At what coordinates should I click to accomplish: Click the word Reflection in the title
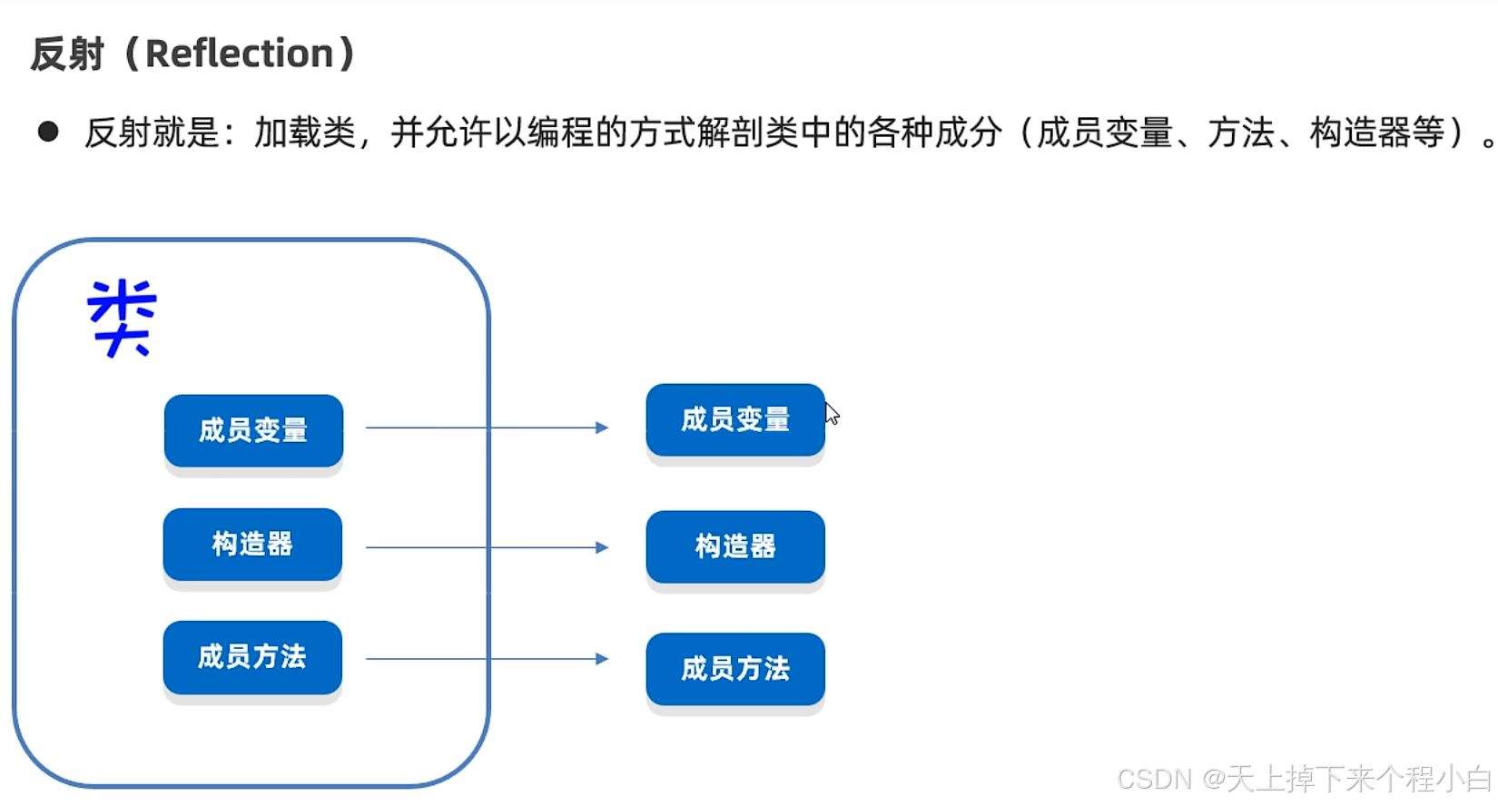pyautogui.click(x=240, y=54)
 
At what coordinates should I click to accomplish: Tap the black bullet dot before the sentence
pyautogui.click(x=48, y=133)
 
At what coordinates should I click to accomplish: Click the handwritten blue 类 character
pyautogui.click(x=123, y=318)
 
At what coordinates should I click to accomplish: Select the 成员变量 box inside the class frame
pyautogui.click(x=253, y=430)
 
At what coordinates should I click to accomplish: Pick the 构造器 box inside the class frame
pyautogui.click(x=252, y=544)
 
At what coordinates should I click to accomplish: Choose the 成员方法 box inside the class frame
pyautogui.click(x=252, y=657)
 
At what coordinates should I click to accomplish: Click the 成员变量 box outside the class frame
pyautogui.click(x=735, y=419)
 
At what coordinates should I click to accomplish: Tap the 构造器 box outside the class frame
pyautogui.click(x=735, y=546)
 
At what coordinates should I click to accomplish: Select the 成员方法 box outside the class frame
pyautogui.click(x=735, y=669)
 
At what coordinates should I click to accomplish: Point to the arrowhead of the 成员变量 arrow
pyautogui.click(x=602, y=428)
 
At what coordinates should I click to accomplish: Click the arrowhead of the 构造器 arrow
pyautogui.click(x=602, y=547)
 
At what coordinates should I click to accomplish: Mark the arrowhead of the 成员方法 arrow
pyautogui.click(x=602, y=659)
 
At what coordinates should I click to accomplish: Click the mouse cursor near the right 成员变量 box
pyautogui.click(x=832, y=414)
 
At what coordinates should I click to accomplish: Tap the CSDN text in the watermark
pyautogui.click(x=1154, y=779)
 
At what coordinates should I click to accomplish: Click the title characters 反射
pyautogui.click(x=67, y=54)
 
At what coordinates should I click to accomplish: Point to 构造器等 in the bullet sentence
pyautogui.click(x=1377, y=133)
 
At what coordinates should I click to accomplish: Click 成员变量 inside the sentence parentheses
pyautogui.click(x=1104, y=133)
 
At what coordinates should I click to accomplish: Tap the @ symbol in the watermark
pyautogui.click(x=1214, y=779)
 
